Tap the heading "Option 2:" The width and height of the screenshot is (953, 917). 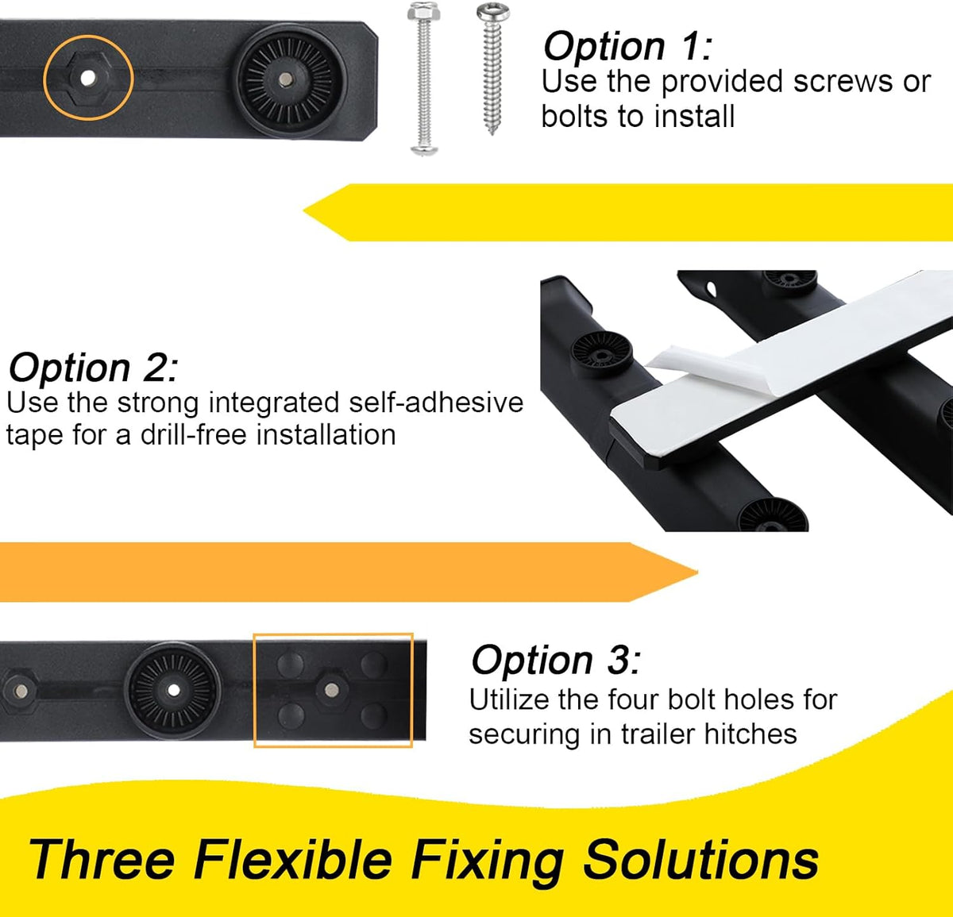click(x=93, y=367)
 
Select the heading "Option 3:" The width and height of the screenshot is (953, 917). click(x=556, y=660)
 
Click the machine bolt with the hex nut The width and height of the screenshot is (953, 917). click(x=423, y=79)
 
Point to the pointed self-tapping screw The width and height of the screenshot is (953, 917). click(x=492, y=68)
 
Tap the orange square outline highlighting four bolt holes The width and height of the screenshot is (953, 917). click(x=253, y=690)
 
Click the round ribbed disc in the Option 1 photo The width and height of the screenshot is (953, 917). click(x=290, y=81)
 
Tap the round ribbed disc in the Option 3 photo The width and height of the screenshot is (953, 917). click(x=173, y=690)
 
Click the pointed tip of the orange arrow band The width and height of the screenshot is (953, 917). click(x=696, y=572)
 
